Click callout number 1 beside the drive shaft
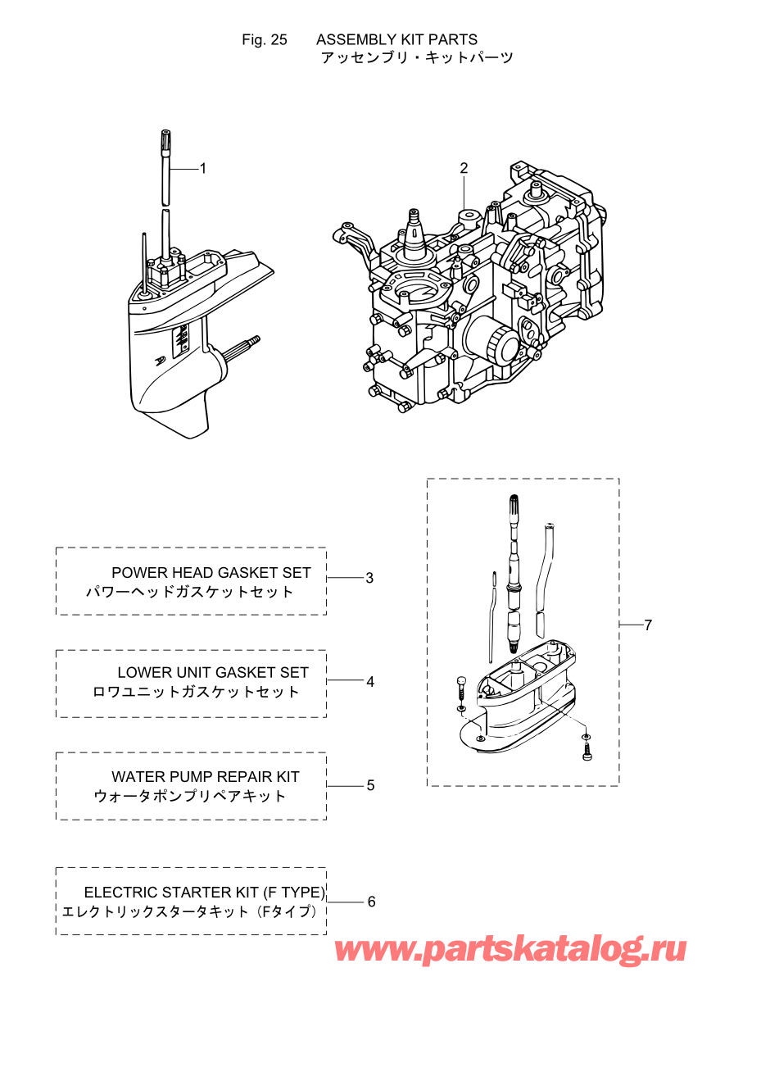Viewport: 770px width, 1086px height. click(x=203, y=169)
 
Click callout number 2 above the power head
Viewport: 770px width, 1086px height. click(x=464, y=168)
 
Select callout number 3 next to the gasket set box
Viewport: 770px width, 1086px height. click(x=369, y=579)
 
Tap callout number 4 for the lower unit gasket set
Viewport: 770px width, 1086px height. click(x=370, y=682)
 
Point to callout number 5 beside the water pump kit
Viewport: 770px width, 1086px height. click(x=371, y=785)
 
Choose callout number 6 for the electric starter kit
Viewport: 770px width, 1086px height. click(x=372, y=902)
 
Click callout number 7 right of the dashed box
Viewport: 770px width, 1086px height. click(x=649, y=625)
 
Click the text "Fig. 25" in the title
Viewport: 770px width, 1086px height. click(x=265, y=40)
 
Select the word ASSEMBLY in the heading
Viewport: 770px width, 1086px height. click(x=356, y=39)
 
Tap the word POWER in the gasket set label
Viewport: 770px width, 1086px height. click(x=134, y=573)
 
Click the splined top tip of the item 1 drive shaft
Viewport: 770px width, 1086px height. click(x=165, y=139)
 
